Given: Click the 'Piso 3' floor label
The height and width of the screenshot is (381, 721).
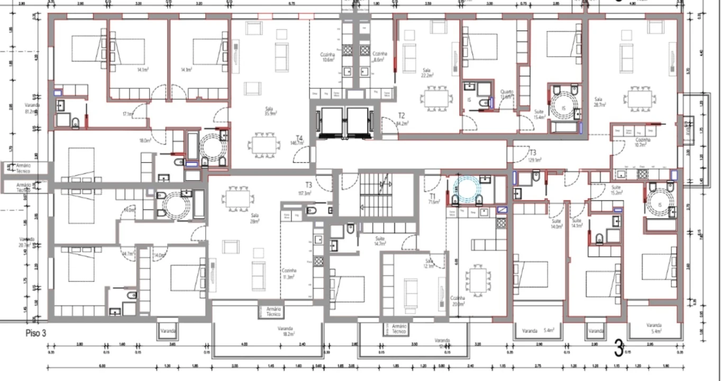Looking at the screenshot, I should pos(36,333).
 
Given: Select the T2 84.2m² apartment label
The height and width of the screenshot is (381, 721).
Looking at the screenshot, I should pos(401,119).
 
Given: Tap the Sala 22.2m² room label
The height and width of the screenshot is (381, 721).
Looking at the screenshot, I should pos(427,72).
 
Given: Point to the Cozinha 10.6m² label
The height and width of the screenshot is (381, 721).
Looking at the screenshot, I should pos(328,57).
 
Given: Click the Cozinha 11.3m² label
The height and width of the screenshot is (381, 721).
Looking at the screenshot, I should pos(289,273).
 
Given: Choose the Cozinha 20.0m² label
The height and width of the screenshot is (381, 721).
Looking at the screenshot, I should pos(458,301).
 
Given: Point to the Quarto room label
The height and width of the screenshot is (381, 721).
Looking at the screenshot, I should pos(507,94).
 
